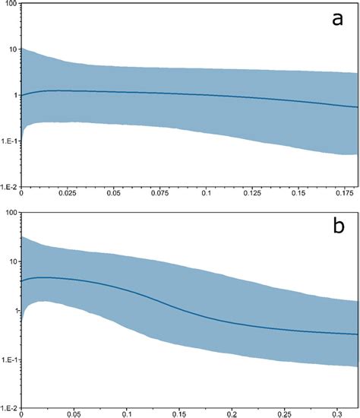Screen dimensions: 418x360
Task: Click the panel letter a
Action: pyautogui.click(x=338, y=21)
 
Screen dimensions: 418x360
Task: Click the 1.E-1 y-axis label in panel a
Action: pyautogui.click(x=10, y=141)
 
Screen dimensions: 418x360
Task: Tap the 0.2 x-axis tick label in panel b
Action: pyautogui.click(x=228, y=415)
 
